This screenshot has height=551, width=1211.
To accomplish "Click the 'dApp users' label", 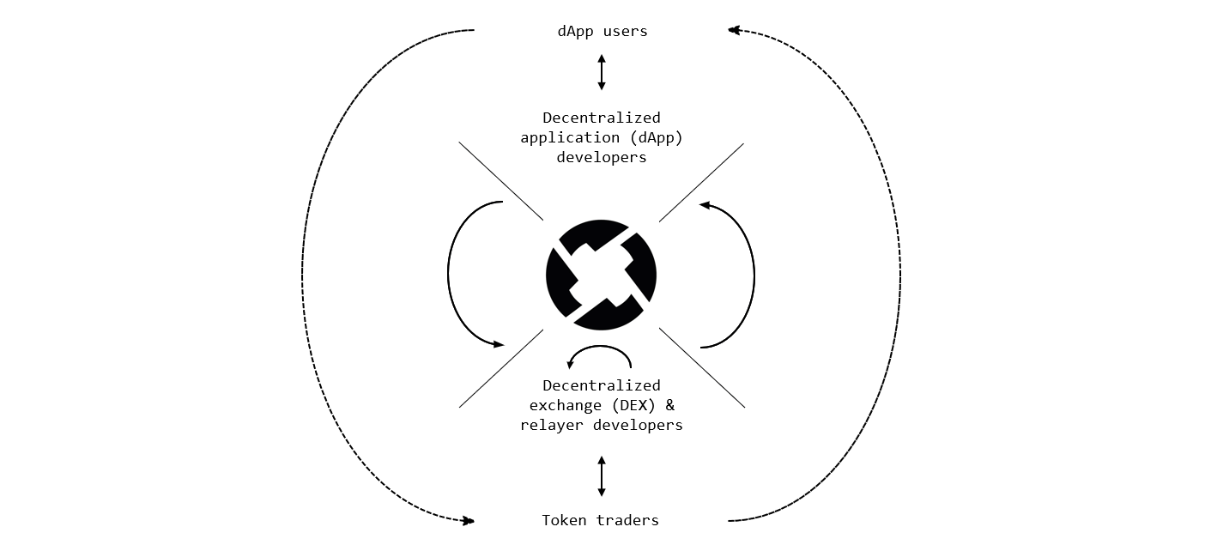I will pyautogui.click(x=601, y=32).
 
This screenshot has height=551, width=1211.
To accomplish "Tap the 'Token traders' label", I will pyautogui.click(x=601, y=520).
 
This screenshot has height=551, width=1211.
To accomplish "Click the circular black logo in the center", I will pyautogui.click(x=601, y=275).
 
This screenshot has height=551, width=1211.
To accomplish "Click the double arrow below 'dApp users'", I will pyautogui.click(x=602, y=73).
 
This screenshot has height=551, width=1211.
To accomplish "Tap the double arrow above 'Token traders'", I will pyautogui.click(x=602, y=476).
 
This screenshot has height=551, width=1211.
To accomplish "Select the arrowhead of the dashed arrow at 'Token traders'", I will pyautogui.click(x=469, y=520).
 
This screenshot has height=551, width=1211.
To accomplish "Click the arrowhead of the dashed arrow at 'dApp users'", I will pyautogui.click(x=734, y=30).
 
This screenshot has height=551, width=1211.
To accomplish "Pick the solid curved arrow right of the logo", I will pyautogui.click(x=754, y=275).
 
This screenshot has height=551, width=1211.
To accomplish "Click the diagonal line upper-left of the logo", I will pyautogui.click(x=501, y=181).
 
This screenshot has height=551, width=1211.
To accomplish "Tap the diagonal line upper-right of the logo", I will pyautogui.click(x=701, y=182).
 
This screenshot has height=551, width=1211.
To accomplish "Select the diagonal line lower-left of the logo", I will pyautogui.click(x=501, y=368).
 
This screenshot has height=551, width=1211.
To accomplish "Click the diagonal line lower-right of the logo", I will pyautogui.click(x=701, y=367).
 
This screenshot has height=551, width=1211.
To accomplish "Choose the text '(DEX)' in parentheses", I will pyautogui.click(x=631, y=405).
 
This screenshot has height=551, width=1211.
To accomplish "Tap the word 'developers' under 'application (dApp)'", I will pyautogui.click(x=601, y=157).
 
